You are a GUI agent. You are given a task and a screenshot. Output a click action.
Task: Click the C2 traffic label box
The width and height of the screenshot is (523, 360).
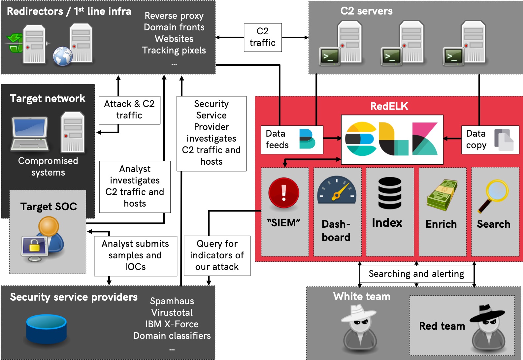tap(263, 37)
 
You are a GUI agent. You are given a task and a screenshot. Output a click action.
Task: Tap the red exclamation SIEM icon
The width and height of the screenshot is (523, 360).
tap(284, 193)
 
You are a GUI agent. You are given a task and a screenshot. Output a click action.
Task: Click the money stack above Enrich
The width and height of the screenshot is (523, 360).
tap(441, 195)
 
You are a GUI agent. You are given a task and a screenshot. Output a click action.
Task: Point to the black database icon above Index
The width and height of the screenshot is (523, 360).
tap(390, 193)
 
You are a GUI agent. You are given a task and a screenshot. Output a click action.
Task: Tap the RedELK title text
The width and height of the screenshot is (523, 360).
tap(389, 106)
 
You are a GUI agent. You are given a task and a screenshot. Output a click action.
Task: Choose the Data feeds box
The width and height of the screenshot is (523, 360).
tap(292, 140)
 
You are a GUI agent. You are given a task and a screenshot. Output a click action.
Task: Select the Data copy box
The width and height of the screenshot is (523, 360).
tap(490, 140)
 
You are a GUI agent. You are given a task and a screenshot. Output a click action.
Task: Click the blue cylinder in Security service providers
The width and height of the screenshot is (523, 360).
tap(47, 329)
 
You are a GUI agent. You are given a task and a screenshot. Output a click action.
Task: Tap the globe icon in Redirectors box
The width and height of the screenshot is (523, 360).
tap(63, 56)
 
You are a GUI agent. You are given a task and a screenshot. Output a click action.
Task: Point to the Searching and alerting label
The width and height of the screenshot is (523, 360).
tap(416, 274)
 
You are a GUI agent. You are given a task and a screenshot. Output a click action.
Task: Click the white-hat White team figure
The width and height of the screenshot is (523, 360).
tap(359, 327)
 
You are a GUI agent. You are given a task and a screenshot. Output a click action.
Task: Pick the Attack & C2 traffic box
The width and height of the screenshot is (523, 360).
tap(129, 110)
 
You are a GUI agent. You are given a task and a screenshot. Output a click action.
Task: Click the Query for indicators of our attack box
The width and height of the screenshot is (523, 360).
tap(217, 255)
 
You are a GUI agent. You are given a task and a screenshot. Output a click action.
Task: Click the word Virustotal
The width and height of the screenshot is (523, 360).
tap(172, 312)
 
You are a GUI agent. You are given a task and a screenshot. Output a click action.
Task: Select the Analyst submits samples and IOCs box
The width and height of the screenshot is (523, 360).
tap(135, 255)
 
